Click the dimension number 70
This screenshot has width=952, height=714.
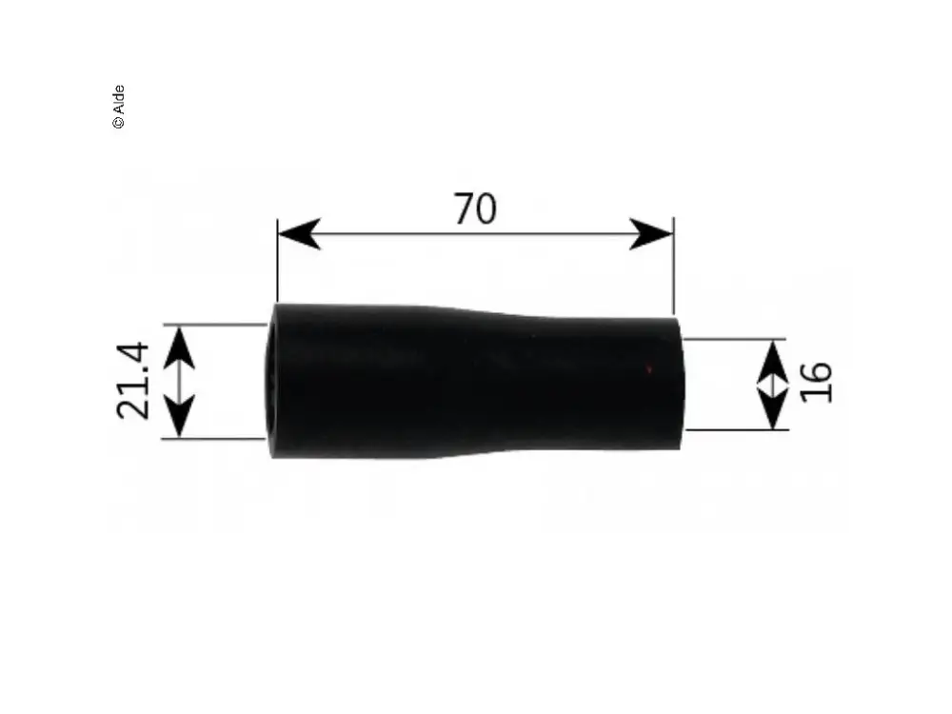(475, 208)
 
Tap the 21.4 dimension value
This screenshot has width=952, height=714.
(132, 381)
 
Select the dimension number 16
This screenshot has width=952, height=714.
(816, 382)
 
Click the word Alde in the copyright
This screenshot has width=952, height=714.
(118, 99)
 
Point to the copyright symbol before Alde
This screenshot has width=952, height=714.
(118, 122)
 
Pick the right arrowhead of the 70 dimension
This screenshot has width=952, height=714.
(651, 234)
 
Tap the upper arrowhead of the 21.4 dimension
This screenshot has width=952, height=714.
(180, 347)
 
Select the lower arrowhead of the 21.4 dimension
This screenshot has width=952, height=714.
(180, 415)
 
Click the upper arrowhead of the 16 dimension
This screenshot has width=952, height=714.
(773, 362)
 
